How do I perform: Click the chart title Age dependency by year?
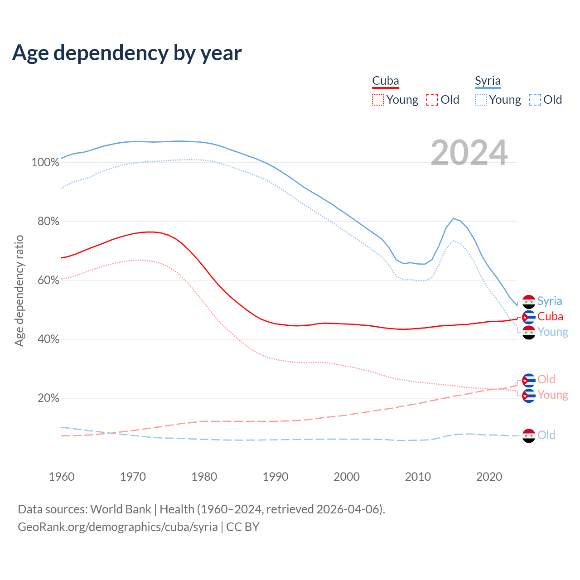(127, 53)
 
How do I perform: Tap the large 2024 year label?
(469, 153)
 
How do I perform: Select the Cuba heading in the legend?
(386, 81)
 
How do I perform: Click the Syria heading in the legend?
(488, 81)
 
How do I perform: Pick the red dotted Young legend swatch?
(377, 100)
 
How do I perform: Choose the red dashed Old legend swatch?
(432, 100)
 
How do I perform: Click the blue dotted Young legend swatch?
(480, 100)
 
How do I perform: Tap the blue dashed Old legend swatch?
(535, 100)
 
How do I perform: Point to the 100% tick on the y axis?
(45, 162)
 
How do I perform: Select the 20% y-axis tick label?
(48, 398)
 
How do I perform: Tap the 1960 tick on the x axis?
(62, 477)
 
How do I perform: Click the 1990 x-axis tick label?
(275, 477)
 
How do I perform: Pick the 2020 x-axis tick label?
(489, 477)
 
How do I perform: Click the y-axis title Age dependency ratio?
(19, 290)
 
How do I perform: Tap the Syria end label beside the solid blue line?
(550, 301)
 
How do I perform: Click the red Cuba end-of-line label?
(550, 317)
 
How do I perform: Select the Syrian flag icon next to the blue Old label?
(529, 435)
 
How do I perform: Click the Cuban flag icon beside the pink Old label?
(529, 380)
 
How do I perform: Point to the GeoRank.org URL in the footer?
(118, 527)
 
